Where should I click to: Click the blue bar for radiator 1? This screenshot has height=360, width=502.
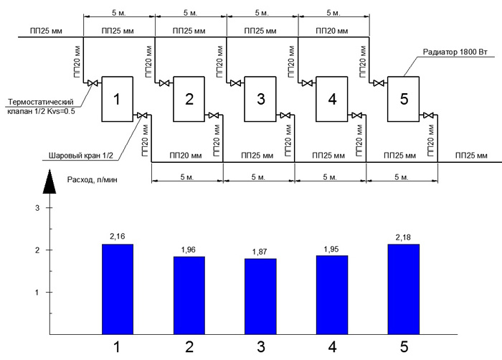tap(118, 289)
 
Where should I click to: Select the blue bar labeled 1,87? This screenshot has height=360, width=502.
tap(260, 297)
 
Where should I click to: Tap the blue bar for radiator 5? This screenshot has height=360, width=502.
tap(403, 289)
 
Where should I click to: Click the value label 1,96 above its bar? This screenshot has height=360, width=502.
tap(188, 250)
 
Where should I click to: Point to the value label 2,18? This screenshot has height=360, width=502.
tap(403, 237)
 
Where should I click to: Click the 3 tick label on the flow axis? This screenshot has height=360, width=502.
tap(37, 208)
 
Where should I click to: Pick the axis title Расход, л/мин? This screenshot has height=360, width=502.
tap(93, 180)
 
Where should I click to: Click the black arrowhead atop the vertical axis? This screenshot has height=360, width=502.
tap(49, 181)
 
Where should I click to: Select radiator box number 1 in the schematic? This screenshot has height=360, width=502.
tap(117, 99)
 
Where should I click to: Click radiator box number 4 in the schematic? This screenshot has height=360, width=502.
tap(331, 99)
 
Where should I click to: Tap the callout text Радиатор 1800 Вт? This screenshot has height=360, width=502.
tap(455, 52)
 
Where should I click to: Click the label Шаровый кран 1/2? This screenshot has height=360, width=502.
tap(81, 156)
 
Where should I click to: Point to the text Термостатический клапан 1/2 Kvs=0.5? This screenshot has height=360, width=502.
tap(41, 107)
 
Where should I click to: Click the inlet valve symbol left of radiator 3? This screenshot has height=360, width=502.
tap(236, 83)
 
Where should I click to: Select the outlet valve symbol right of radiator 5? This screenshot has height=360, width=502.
tap(428, 115)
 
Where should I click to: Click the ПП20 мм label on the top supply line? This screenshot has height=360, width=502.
tap(331, 31)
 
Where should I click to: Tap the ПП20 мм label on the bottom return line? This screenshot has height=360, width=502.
tap(186, 156)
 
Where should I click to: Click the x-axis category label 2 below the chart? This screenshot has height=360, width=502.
tap(189, 347)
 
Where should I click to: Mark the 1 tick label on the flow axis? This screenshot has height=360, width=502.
tap(37, 293)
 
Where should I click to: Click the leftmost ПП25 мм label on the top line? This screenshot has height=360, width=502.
tap(46, 31)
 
